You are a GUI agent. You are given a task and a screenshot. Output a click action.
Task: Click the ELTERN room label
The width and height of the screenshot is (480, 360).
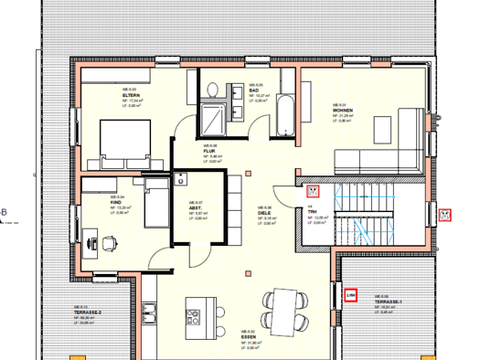(x=129, y=97)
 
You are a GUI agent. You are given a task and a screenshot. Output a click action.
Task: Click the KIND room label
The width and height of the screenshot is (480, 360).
(x=117, y=202)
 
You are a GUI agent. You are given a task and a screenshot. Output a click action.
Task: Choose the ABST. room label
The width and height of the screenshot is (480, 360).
(x=195, y=208)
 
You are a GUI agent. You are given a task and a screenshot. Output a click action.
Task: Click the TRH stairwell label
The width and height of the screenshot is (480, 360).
(x=311, y=212)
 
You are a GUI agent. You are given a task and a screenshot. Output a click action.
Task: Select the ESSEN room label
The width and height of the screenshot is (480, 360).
(x=248, y=337)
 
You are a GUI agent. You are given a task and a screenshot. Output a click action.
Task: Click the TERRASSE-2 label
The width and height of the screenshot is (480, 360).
(x=87, y=312)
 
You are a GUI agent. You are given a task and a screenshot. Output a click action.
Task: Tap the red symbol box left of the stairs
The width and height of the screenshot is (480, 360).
(x=312, y=191)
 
